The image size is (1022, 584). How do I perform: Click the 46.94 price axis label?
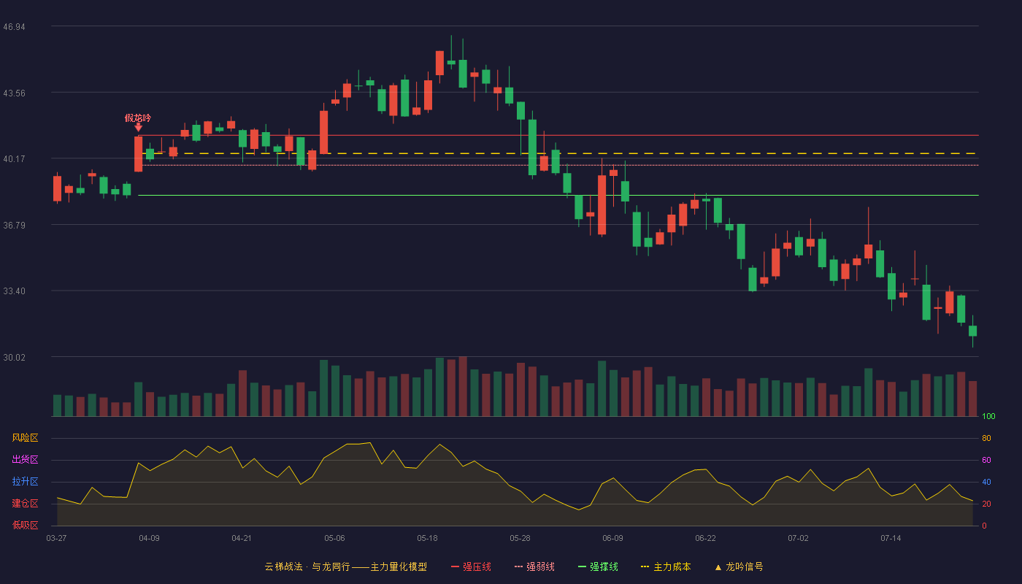tap(14, 27)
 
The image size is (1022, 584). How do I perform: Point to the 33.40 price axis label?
tap(14, 291)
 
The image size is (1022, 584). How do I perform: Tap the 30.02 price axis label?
tap(14, 357)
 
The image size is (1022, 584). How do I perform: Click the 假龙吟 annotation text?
tap(138, 118)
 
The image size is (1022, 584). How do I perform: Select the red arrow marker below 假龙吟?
tap(138, 128)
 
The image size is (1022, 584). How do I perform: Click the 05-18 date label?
tap(427, 539)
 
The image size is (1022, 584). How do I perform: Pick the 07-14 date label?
tap(891, 539)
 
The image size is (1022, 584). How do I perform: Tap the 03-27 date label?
tap(57, 539)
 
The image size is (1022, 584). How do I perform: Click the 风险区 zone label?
tap(25, 438)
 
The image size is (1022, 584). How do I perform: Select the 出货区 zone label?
tap(25, 459)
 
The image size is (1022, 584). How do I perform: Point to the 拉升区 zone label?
tap(25, 481)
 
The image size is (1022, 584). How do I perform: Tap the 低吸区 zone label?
tap(25, 525)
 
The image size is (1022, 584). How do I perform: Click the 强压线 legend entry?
tap(471, 566)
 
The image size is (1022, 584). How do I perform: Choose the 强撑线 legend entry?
tap(598, 566)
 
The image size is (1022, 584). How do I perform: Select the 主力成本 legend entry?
tap(666, 566)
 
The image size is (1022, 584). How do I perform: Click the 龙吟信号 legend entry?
tap(739, 566)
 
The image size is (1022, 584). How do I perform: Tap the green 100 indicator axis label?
tap(988, 416)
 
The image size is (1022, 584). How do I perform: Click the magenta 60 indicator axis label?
tap(986, 460)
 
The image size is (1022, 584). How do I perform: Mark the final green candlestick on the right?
tap(972, 331)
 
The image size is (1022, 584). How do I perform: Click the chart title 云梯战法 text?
tap(283, 566)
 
